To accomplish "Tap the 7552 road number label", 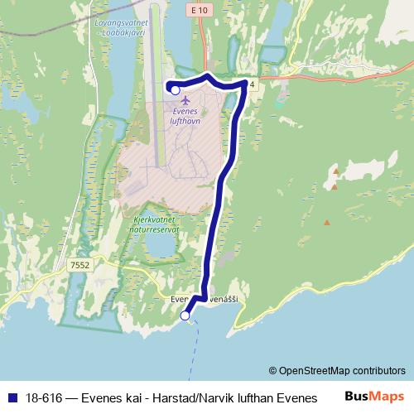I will click(x=79, y=265).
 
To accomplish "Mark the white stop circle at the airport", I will click(x=175, y=89).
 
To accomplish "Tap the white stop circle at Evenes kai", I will click(x=185, y=315).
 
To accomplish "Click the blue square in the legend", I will click(x=12, y=397).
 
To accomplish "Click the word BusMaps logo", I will click(x=374, y=396).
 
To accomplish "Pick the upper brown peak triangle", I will click(x=336, y=171).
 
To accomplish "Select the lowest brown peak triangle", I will click(x=327, y=221).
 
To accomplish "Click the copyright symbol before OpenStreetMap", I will click(x=272, y=370).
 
